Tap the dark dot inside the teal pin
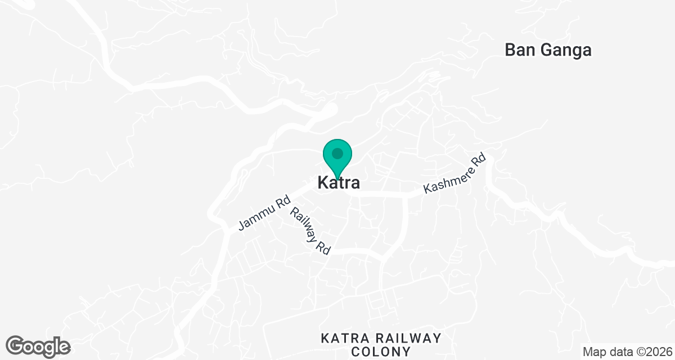(x=337, y=153)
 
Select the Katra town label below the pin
(x=338, y=183)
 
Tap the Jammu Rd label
(x=264, y=213)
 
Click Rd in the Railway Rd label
(x=322, y=247)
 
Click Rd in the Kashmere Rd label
(x=478, y=160)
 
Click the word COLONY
(x=380, y=352)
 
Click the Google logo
(x=38, y=347)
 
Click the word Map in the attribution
(x=593, y=352)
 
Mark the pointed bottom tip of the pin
(x=337, y=179)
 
